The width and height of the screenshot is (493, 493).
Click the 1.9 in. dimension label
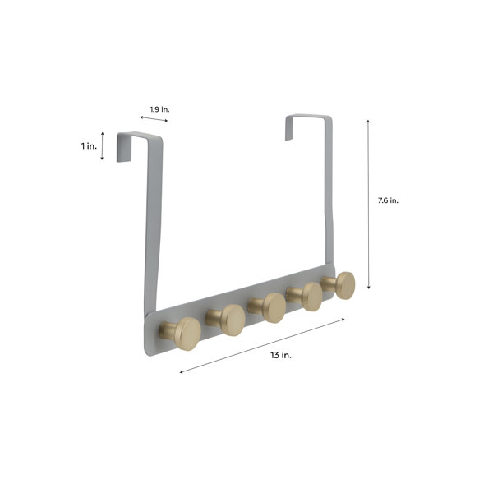[x=159, y=109]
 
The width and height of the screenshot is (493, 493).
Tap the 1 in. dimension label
[x=89, y=146]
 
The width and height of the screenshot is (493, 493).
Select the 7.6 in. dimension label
[x=388, y=200]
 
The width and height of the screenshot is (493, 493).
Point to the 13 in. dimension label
[x=281, y=355]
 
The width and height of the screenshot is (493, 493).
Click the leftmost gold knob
[x=180, y=334]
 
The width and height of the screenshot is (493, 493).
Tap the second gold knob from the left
[x=226, y=320]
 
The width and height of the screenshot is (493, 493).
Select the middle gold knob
[x=267, y=308]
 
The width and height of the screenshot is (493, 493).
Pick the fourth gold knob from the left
[x=305, y=297]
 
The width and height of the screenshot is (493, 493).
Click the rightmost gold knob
[x=339, y=285]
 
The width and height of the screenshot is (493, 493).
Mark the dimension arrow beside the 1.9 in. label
[x=154, y=118]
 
